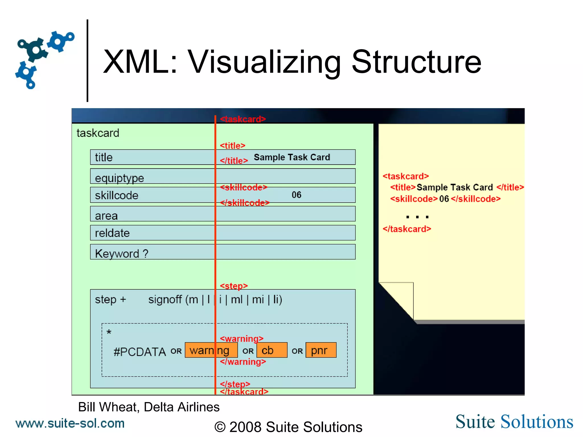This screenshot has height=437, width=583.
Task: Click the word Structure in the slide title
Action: (416, 62)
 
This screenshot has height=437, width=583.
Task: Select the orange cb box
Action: (272, 350)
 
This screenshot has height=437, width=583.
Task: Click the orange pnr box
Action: (321, 350)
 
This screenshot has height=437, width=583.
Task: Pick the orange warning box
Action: (211, 350)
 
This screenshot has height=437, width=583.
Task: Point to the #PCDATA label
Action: (139, 352)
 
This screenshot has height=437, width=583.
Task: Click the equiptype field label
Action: (119, 178)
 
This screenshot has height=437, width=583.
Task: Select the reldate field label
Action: (112, 233)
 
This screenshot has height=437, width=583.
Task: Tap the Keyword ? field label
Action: (122, 253)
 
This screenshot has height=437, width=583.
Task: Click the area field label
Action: (106, 216)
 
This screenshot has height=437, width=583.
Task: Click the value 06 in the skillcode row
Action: (296, 195)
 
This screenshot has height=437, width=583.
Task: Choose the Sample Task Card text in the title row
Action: (292, 157)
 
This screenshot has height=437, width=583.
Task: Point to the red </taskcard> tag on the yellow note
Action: (407, 229)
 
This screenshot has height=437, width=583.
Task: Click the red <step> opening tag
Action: (234, 286)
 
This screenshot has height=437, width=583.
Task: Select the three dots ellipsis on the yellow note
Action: (417, 217)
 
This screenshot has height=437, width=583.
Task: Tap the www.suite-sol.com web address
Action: (70, 423)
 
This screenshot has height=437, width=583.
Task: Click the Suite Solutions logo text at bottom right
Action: (514, 422)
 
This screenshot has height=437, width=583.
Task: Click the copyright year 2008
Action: (245, 427)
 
